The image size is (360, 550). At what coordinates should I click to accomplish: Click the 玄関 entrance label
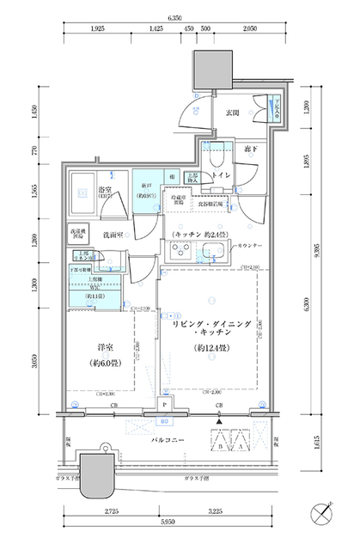click(232, 113)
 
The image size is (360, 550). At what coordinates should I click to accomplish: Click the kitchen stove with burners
click(184, 251)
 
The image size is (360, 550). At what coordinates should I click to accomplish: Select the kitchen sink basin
click(214, 251)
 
